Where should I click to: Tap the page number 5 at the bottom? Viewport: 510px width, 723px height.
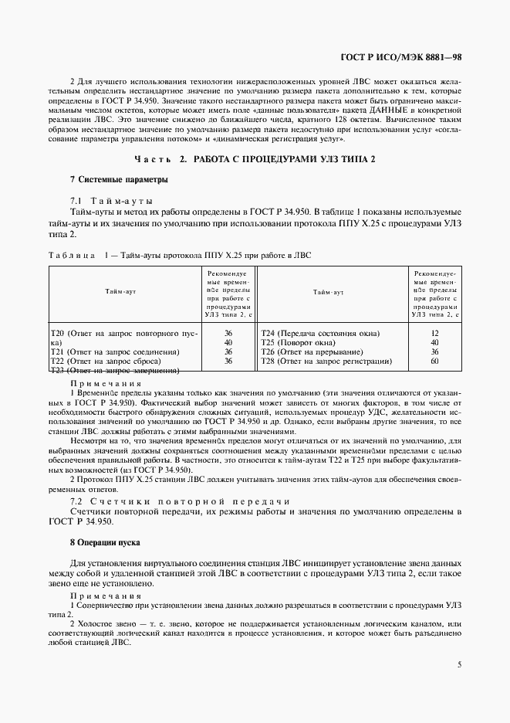coord(459,664)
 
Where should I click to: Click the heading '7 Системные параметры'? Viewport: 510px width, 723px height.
coord(107,179)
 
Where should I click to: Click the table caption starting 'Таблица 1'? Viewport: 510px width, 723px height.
coord(179,254)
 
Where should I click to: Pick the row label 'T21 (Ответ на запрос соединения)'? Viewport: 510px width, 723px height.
coord(115,351)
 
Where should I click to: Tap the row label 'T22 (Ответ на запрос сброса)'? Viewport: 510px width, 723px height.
coord(105,361)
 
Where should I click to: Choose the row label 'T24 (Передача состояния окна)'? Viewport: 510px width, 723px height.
coord(319,333)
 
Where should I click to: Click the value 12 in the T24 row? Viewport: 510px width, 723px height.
coord(434,333)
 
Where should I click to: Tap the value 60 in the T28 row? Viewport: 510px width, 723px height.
coord(434,361)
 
